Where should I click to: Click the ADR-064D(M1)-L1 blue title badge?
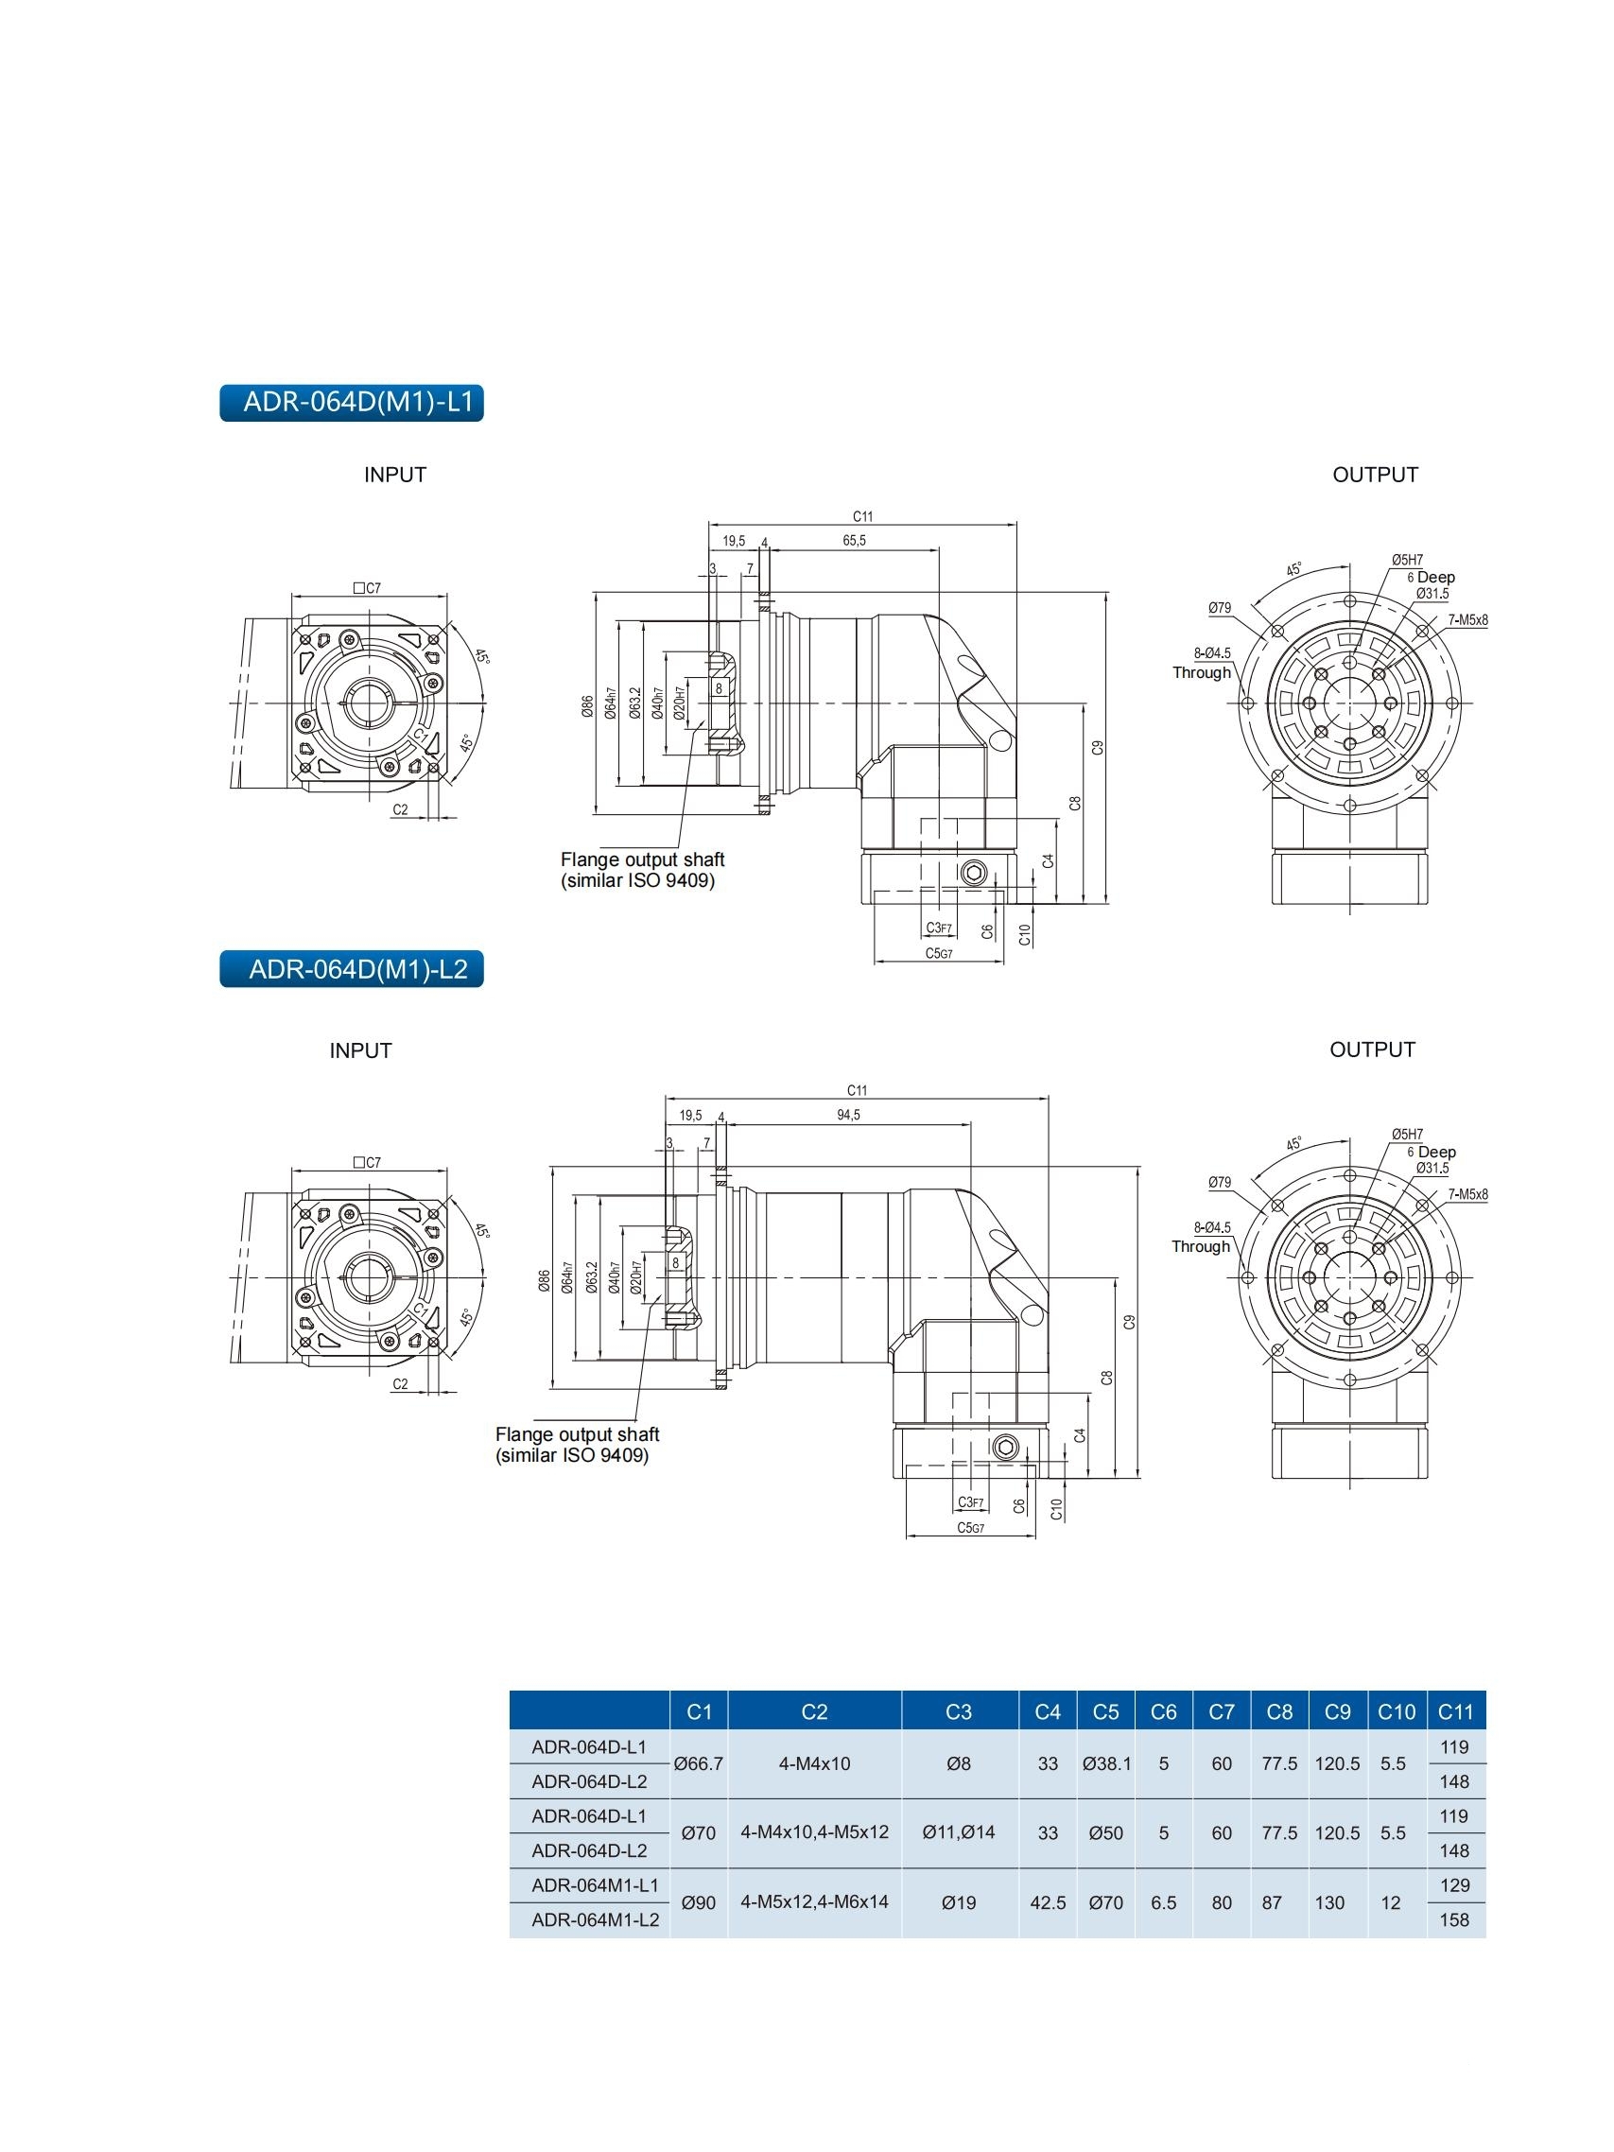tap(351, 403)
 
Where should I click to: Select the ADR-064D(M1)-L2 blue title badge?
tap(351, 969)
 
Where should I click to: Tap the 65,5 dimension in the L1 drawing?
tap(853, 541)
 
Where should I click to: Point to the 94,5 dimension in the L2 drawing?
tap(847, 1115)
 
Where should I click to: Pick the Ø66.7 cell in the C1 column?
tap(699, 1763)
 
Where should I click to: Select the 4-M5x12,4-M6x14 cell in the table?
tap(814, 1902)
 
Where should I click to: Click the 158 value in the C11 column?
tap(1454, 1919)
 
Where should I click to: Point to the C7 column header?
tap(1221, 1712)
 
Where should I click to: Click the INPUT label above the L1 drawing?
tap(395, 475)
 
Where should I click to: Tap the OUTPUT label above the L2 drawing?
tap(1372, 1050)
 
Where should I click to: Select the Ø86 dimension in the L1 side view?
tap(586, 706)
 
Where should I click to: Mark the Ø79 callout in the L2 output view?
tap(1219, 1183)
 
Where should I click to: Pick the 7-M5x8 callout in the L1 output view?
tap(1467, 619)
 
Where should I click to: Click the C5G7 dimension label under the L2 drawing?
tap(970, 1527)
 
